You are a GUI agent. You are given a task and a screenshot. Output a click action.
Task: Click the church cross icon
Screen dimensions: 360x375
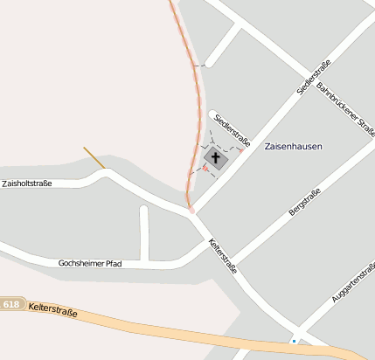coord(216,159)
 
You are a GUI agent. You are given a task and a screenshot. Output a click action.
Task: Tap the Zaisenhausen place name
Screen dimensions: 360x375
coord(294,148)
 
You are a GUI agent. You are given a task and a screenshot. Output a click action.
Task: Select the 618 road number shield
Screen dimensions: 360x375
coord(11,304)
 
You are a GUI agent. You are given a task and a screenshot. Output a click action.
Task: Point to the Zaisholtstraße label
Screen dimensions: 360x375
coord(27,183)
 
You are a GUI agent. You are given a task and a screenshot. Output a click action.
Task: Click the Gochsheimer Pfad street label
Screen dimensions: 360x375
coord(90,263)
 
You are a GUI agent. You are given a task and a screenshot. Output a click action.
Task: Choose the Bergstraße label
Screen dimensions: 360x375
coord(305,201)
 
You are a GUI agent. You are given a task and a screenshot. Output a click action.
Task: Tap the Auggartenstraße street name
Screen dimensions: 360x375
coord(353,282)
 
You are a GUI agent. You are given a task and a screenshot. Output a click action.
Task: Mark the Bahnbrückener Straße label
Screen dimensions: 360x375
coord(346,110)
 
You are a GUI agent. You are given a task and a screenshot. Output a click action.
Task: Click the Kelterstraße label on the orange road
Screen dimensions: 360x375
coord(52,309)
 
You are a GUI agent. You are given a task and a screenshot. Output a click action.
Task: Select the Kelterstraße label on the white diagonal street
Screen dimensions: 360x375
coord(222,255)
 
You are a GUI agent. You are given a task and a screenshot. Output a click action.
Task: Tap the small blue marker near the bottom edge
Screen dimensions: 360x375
coord(295,340)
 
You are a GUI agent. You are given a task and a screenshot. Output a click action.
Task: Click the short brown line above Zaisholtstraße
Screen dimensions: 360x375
coord(94,157)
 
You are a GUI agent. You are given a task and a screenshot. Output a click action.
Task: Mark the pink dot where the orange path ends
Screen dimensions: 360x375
coord(191,211)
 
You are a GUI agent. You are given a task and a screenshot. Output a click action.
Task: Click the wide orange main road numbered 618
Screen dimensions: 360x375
coord(175,335)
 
